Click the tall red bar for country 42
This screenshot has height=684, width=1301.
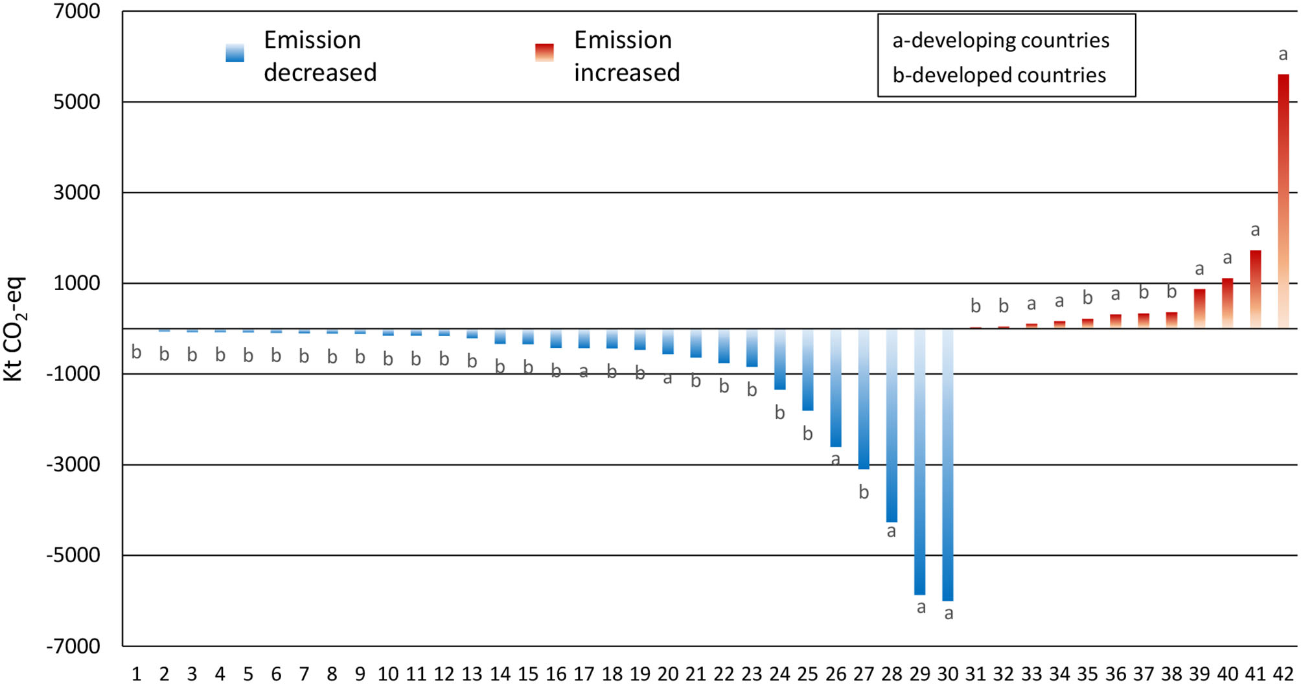point(1283,201)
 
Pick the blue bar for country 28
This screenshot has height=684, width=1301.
point(892,425)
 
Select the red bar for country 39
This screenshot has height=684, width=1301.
point(1199,308)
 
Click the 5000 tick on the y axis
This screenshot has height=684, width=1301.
point(76,102)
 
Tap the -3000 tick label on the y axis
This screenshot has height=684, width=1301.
point(73,465)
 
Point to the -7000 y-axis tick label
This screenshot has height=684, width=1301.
point(73,646)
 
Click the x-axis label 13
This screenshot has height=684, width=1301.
point(472,674)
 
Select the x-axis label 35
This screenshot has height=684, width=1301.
point(1087,674)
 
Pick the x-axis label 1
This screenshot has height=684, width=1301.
point(136,674)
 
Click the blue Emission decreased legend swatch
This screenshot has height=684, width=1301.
point(235,53)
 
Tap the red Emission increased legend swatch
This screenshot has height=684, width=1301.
point(544,53)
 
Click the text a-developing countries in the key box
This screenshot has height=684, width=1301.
point(1000,41)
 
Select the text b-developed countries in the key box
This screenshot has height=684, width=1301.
point(999,75)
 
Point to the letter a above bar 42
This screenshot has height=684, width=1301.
point(1283,55)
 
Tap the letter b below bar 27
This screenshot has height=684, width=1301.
point(864,492)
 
